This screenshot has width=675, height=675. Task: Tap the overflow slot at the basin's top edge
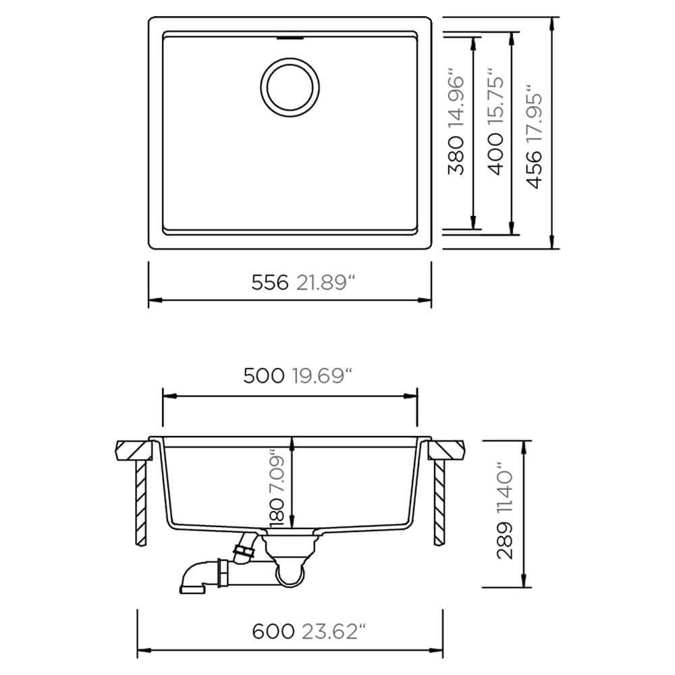pyautogui.click(x=290, y=38)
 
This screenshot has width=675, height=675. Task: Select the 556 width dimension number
pyautogui.click(x=269, y=283)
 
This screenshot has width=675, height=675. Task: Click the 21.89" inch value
pyautogui.click(x=325, y=283)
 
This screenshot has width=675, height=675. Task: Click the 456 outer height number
pyautogui.click(x=534, y=169)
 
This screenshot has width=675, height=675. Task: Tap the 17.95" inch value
pyautogui.click(x=534, y=113)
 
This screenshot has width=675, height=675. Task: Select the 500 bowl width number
pyautogui.click(x=264, y=376)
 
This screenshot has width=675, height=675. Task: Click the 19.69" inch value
pyautogui.click(x=323, y=376)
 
